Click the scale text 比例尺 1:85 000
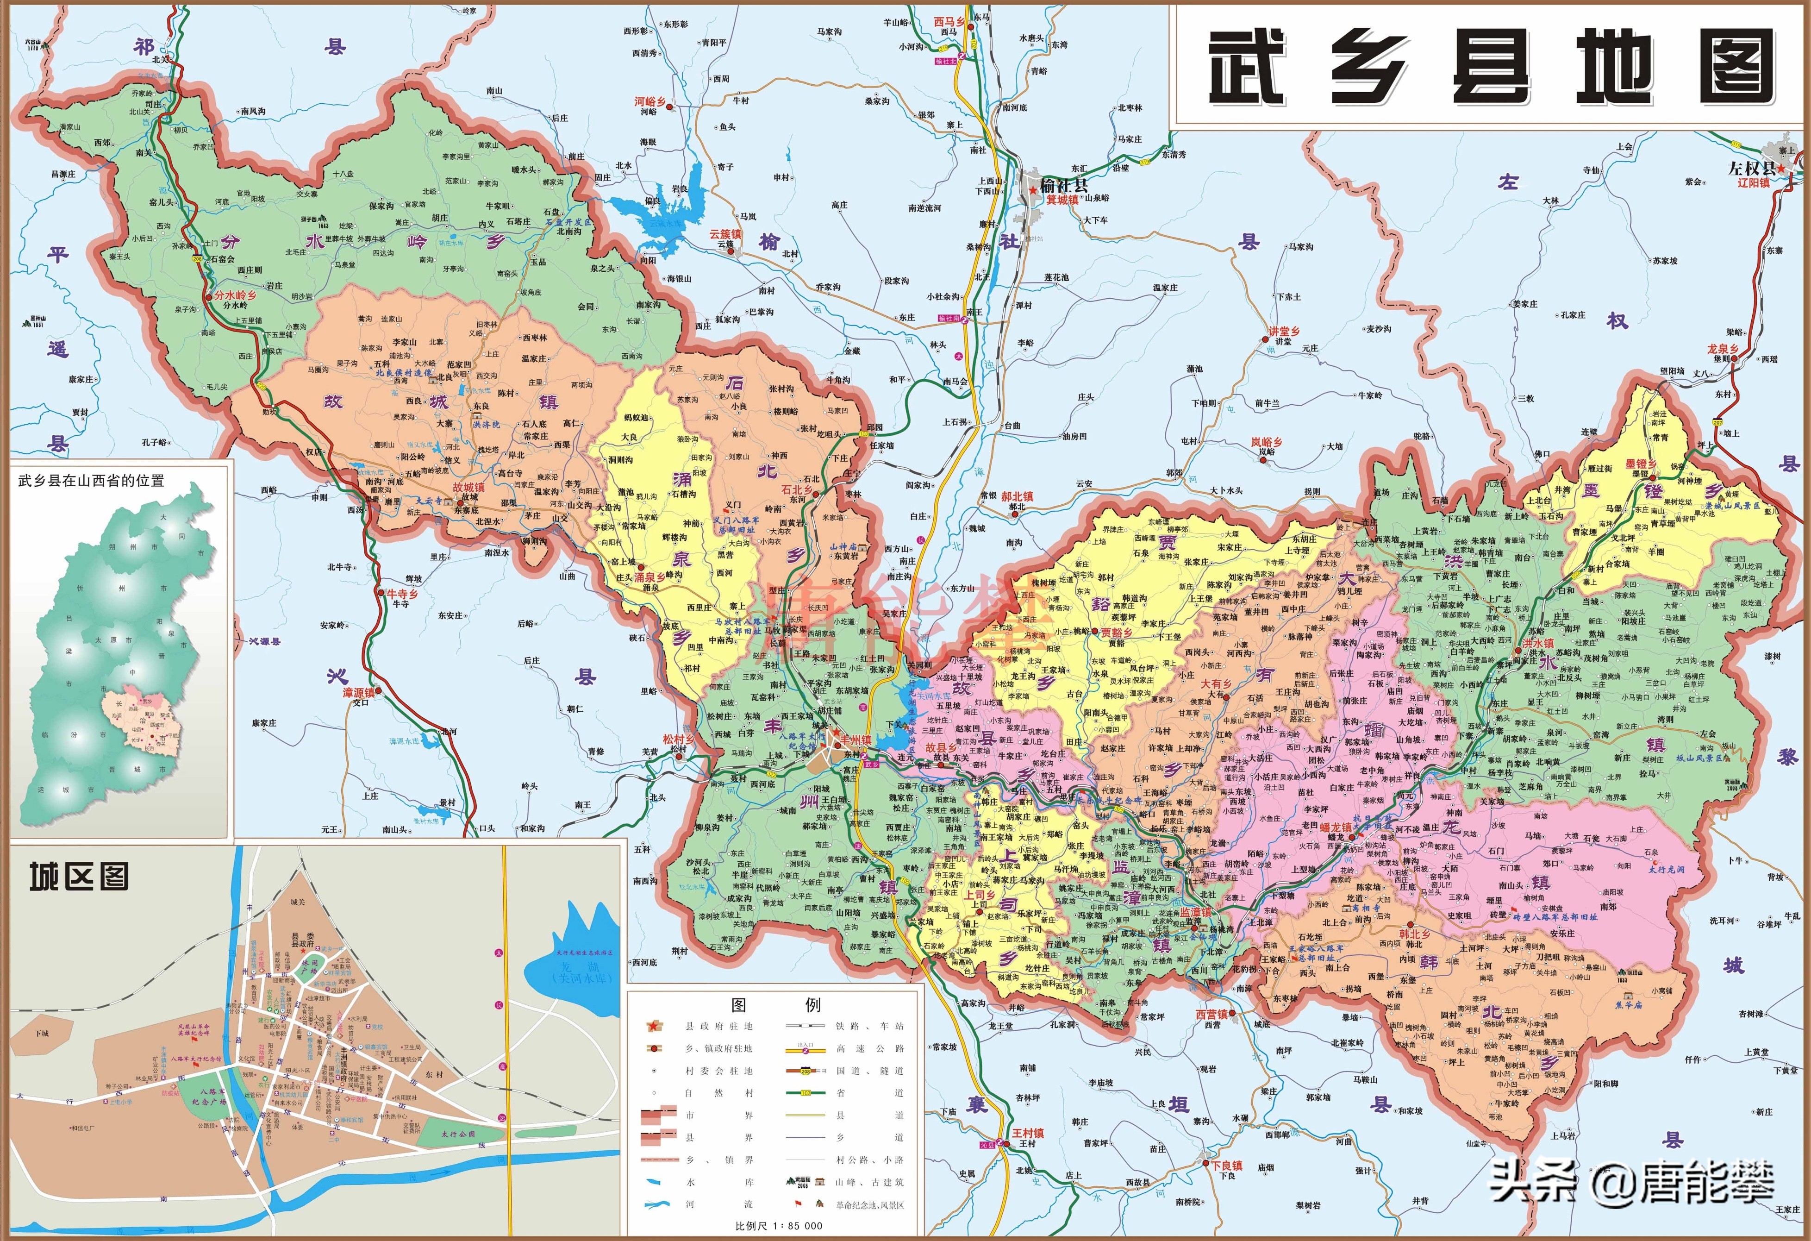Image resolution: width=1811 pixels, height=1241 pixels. point(779,1225)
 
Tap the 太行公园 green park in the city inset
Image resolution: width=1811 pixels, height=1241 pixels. point(458,1134)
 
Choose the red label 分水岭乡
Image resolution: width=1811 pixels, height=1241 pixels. point(235,295)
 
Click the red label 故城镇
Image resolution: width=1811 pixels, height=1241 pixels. point(468,487)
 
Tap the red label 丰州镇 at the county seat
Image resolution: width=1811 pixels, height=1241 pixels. point(856,740)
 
